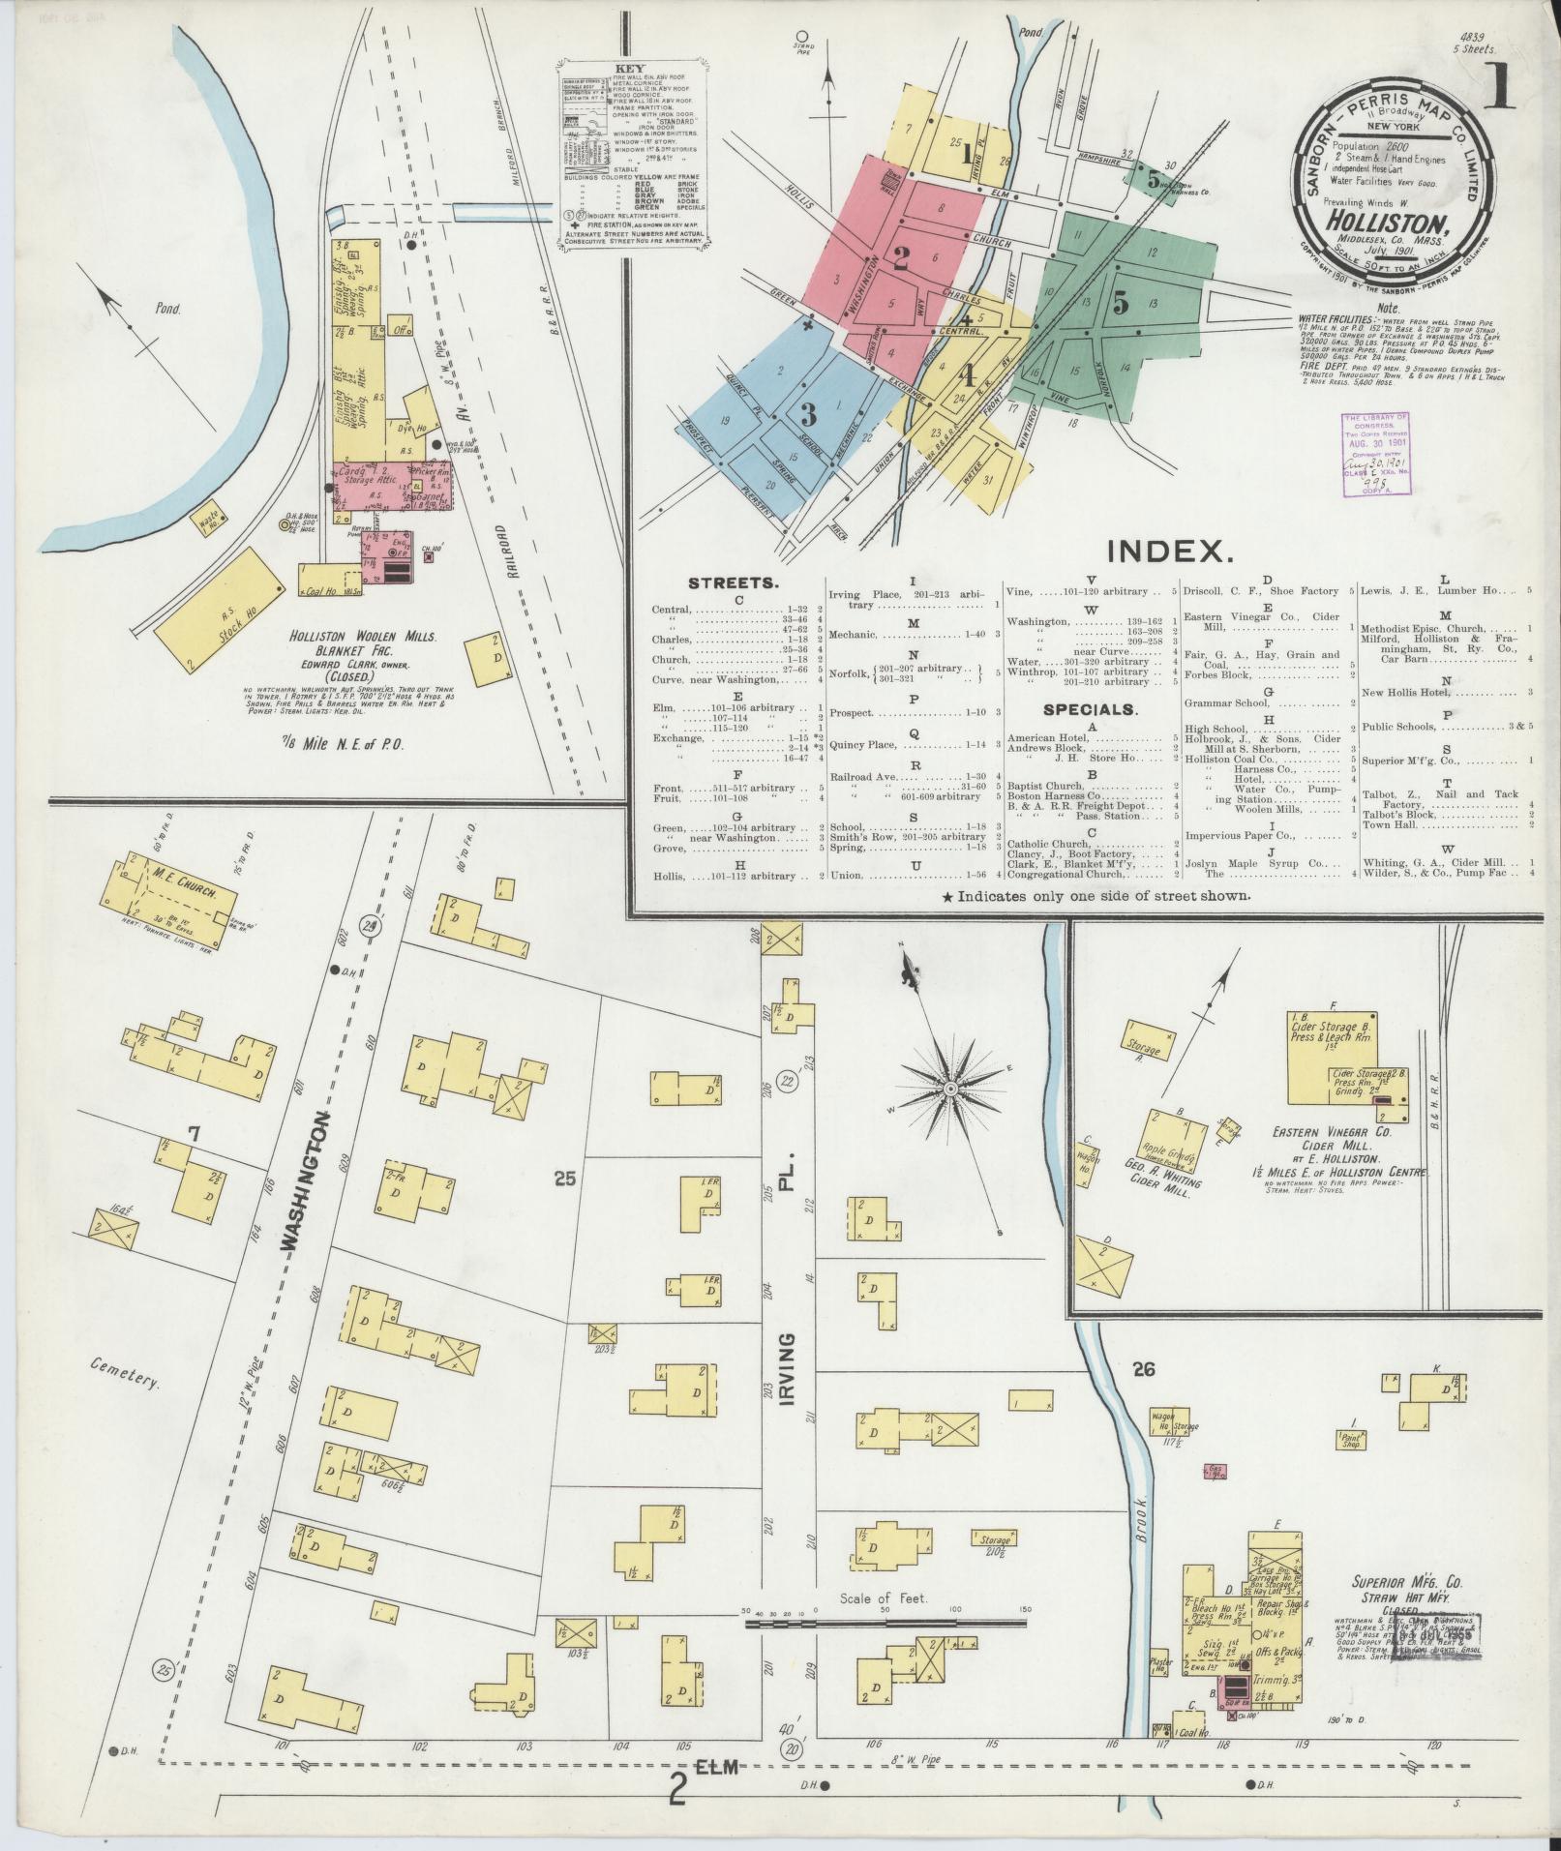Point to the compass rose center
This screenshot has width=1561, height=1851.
click(x=950, y=1090)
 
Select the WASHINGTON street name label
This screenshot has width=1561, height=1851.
click(x=317, y=1182)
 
